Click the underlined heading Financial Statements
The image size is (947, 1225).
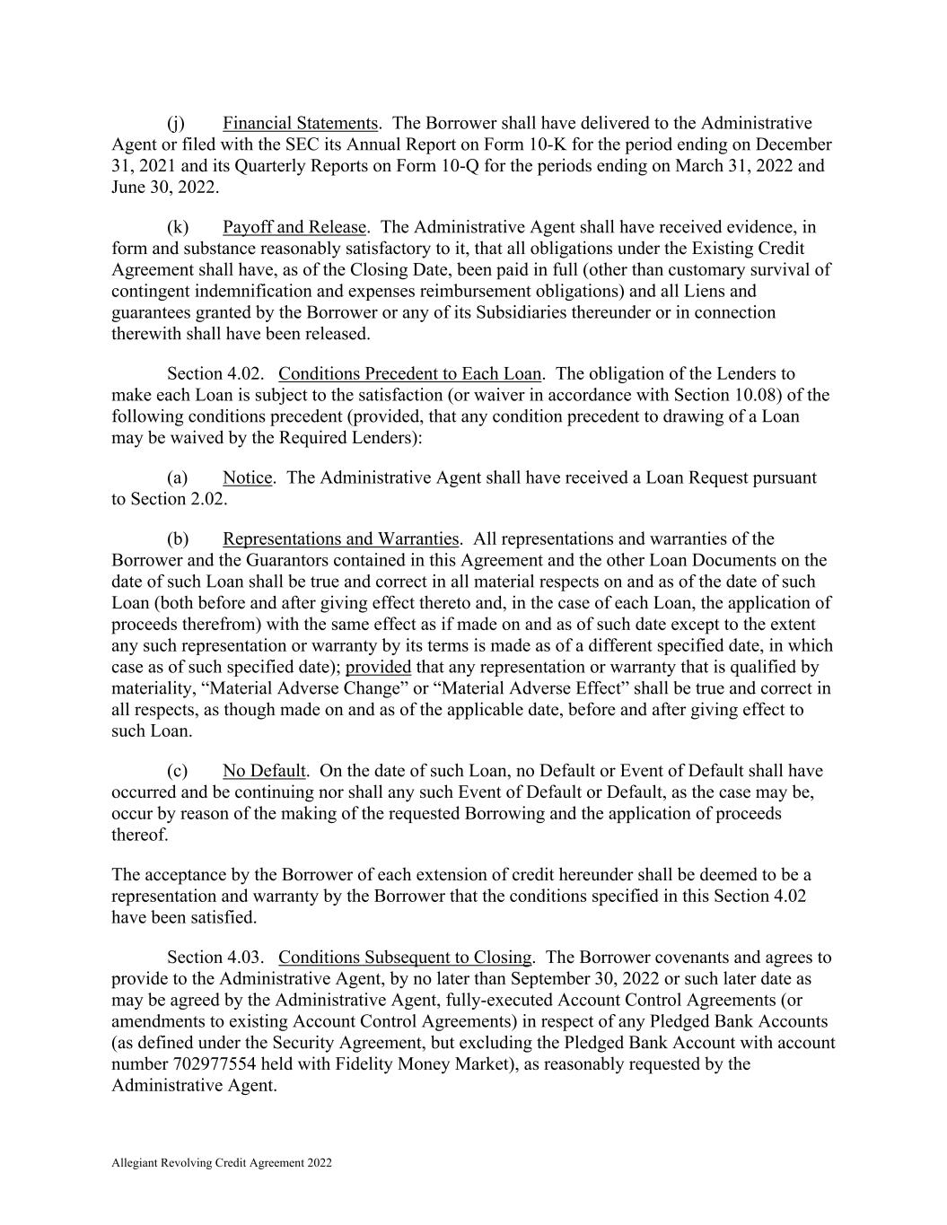point(300,123)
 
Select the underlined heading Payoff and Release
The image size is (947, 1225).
point(294,227)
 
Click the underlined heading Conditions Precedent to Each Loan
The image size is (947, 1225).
point(410,373)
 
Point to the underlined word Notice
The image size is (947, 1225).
point(247,477)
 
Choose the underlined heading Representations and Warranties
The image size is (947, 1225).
point(340,538)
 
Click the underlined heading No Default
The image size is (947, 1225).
point(265,771)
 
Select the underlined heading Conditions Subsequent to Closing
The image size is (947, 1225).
point(405,958)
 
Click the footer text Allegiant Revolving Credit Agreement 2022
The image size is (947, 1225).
point(222,1163)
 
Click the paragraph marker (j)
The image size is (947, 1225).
point(176,123)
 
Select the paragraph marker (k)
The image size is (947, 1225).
point(177,227)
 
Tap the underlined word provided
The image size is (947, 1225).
point(378,667)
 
